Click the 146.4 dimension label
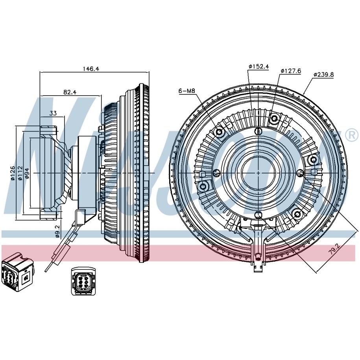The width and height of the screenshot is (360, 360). coord(91,68)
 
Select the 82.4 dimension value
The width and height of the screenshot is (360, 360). coord(70,92)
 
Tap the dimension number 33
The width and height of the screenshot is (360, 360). coord(53,113)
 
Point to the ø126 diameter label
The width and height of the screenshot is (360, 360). coord(13,173)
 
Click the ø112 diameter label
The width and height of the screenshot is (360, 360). coord(20,173)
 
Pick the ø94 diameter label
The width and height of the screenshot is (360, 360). coord(27,174)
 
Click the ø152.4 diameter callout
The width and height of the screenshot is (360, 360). coord(258,66)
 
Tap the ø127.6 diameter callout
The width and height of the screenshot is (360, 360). coord(291,71)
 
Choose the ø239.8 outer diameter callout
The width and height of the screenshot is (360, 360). coord(323,75)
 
